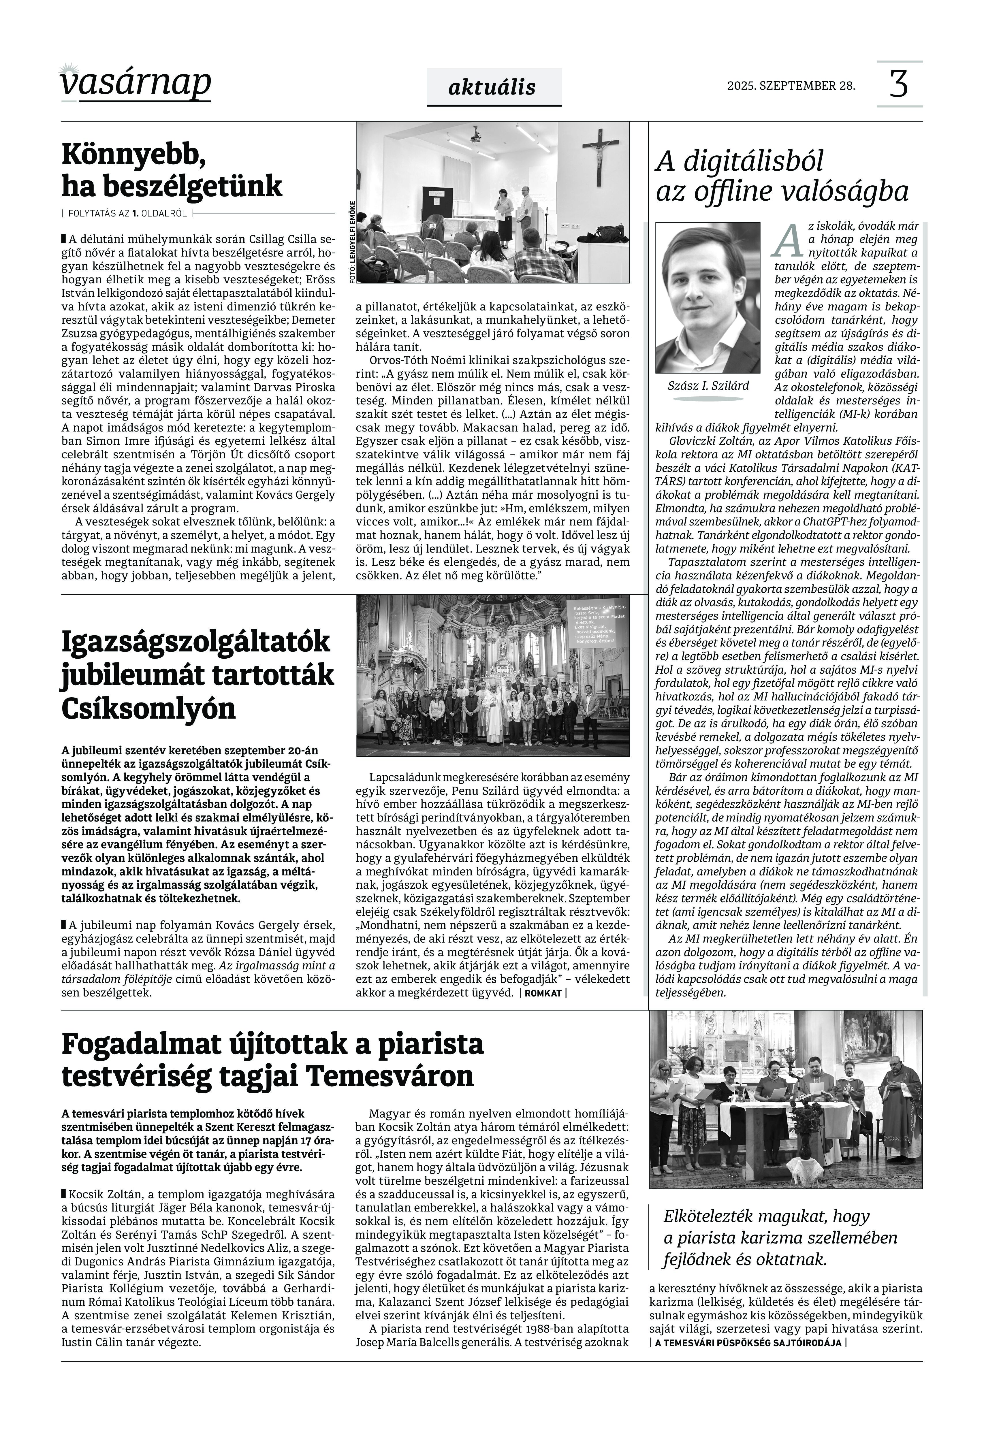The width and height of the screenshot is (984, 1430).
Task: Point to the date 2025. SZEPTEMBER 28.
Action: [x=791, y=86]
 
